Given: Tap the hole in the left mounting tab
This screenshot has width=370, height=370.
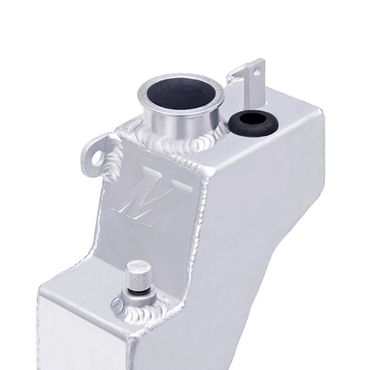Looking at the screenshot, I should pyautogui.click(x=95, y=157).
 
